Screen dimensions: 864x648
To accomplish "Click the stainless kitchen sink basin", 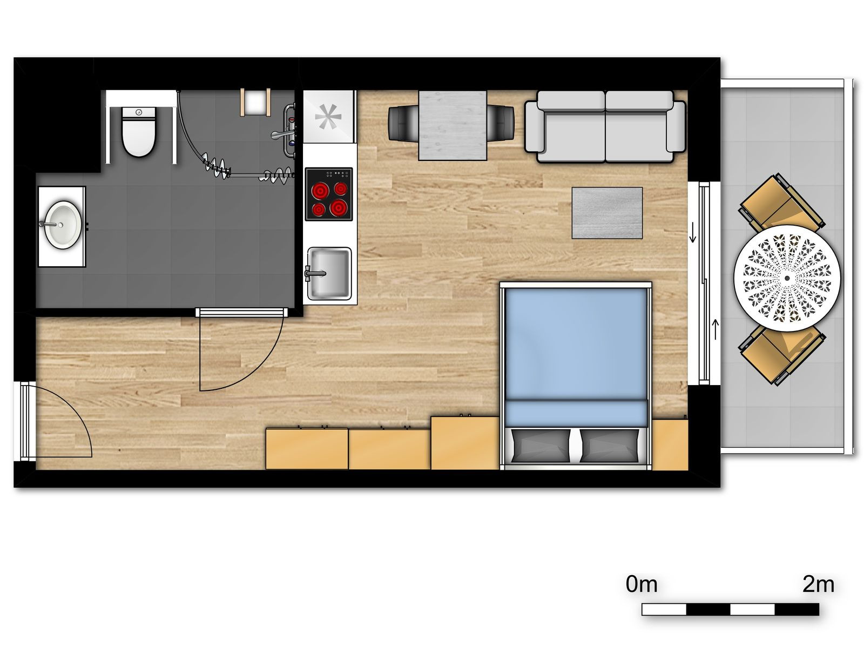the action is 329,273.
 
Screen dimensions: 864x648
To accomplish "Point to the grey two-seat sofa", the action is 605,127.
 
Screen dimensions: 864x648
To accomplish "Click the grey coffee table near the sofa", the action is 606,213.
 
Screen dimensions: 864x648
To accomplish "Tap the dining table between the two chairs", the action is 453,125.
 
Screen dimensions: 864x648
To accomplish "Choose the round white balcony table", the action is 786,278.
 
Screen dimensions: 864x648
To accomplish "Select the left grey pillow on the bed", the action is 541,446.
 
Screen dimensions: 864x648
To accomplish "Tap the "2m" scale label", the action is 818,585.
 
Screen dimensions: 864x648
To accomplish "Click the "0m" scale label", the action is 642,585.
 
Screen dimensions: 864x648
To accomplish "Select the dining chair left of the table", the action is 403,123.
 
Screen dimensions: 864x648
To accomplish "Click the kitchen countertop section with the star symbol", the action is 329,117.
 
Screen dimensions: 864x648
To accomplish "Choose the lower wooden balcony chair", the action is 781,354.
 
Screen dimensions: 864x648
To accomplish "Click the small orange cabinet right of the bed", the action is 670,444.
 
